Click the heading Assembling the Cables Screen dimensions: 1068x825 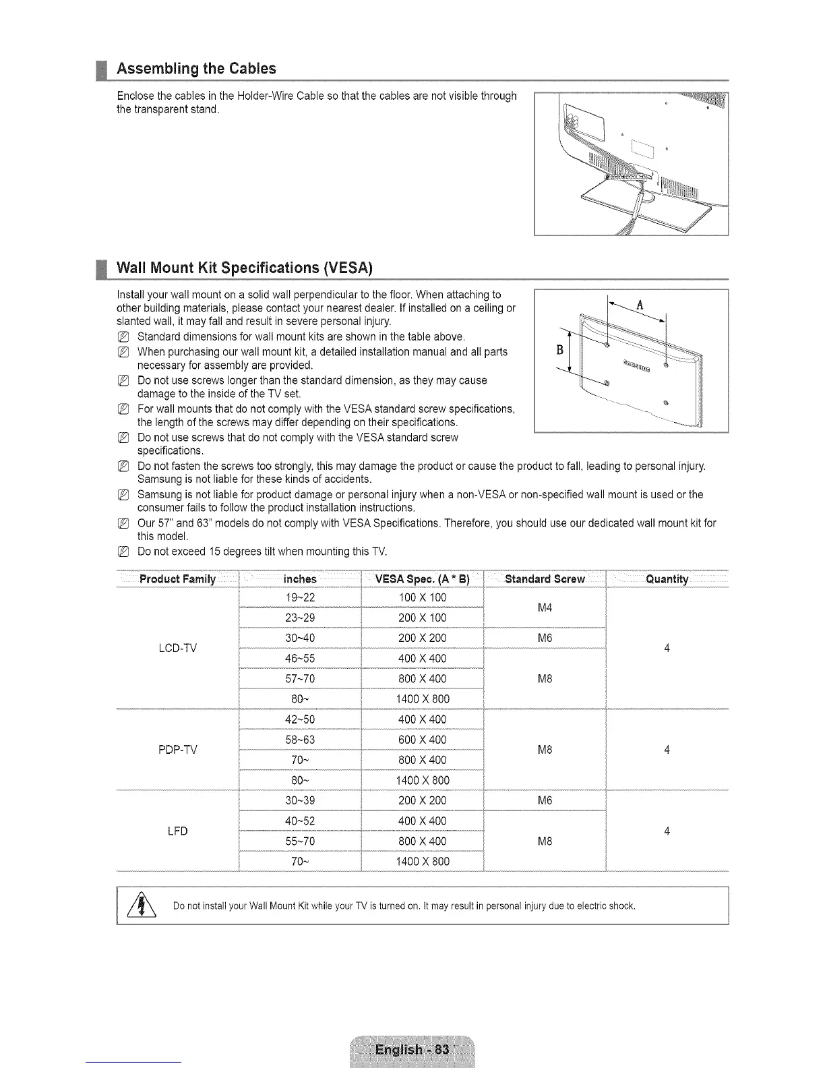tap(196, 69)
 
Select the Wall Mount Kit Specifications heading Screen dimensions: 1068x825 tap(245, 268)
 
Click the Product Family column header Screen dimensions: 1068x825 tap(177, 579)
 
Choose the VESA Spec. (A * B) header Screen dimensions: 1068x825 tap(422, 579)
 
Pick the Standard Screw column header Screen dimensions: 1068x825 tap(545, 579)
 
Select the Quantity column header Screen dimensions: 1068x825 tap(667, 579)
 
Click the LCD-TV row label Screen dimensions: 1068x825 tap(177, 649)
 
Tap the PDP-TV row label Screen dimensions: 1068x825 tap(177, 750)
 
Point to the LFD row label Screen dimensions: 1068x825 tap(177, 831)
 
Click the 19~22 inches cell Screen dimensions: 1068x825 tap(300, 598)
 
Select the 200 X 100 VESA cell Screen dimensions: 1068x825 tap(422, 618)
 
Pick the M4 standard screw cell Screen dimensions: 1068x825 tap(545, 608)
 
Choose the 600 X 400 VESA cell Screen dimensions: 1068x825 tap(422, 740)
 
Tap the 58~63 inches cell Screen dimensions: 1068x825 tap(300, 740)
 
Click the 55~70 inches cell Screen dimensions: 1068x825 tap(300, 841)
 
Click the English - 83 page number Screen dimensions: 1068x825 tap(412, 1050)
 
